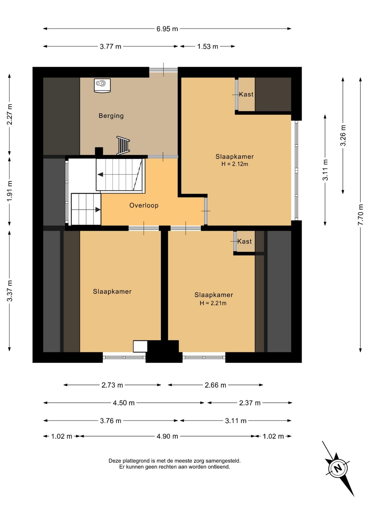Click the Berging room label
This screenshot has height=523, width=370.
click(111, 116)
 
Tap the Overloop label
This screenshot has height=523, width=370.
click(144, 205)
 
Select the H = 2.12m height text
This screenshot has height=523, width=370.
click(235, 164)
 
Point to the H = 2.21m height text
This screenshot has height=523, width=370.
click(213, 303)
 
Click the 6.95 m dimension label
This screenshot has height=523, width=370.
click(167, 29)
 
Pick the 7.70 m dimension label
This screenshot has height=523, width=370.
click(361, 215)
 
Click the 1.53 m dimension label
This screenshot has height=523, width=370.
click(208, 47)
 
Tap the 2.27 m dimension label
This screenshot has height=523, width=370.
click(10, 114)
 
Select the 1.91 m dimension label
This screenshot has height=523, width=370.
click(10, 191)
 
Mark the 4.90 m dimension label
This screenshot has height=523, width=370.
click(167, 436)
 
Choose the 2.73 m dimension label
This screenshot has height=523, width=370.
click(112, 385)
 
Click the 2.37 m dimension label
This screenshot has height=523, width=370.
click(249, 403)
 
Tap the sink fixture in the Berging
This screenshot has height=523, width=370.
click(102, 85)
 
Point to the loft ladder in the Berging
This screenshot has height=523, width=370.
click(123, 146)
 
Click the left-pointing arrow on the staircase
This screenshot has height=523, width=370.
click(101, 174)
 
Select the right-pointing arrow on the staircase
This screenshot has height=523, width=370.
click(98, 210)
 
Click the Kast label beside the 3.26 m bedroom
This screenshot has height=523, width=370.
click(246, 94)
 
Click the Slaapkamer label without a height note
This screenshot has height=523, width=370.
click(112, 291)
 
